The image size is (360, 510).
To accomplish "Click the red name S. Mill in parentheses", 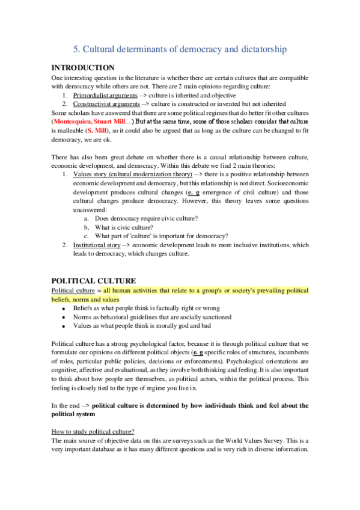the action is [x=99, y=129].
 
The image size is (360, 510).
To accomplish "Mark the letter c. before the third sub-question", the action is [x=87, y=236].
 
